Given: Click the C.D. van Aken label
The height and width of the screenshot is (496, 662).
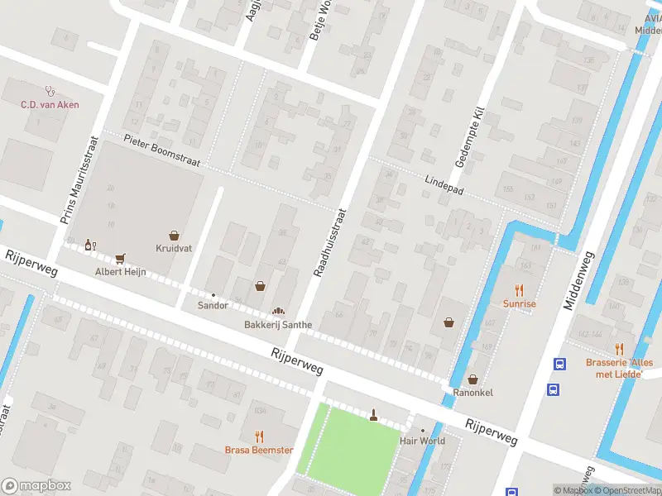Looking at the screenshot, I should [50, 104].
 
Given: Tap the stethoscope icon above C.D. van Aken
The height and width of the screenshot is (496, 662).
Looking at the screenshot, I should [50, 91].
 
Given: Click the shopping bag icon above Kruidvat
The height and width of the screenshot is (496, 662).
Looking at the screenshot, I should [174, 236].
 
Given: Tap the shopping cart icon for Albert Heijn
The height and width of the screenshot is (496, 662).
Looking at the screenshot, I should [121, 258].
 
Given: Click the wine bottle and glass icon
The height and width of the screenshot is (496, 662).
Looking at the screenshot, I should [89, 245].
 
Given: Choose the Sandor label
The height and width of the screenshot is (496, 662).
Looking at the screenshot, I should [213, 305].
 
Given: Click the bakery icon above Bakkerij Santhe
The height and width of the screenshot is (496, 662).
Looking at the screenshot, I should [278, 311].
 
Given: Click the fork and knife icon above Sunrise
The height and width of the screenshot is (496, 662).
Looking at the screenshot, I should [520, 290].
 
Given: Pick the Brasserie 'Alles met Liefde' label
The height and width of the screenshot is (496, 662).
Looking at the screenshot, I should [619, 368].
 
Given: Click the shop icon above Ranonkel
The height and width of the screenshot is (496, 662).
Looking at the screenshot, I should [473, 379].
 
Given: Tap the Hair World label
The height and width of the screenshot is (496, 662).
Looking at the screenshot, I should [422, 441].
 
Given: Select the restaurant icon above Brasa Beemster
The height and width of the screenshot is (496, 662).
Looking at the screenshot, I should [259, 436].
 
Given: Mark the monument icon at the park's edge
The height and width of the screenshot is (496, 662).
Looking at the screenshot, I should [373, 415].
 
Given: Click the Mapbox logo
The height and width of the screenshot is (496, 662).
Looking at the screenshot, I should [36, 486].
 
